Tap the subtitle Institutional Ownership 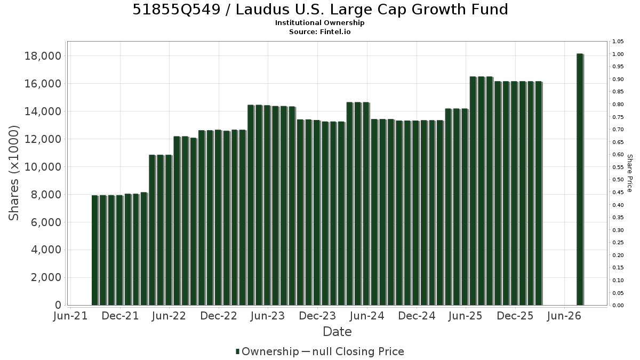tap(319, 23)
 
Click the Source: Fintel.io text tap(319, 31)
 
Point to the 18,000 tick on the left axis tap(43, 56)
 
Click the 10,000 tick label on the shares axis tap(43, 167)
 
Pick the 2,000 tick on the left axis tap(46, 277)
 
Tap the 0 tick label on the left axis tap(58, 305)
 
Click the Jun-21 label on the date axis tap(70, 316)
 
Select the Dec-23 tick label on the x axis tap(317, 316)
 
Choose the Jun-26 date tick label tap(564, 316)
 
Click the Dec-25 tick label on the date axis tap(515, 316)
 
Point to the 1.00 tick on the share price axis tap(618, 54)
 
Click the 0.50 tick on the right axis tap(618, 180)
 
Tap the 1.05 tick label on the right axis tap(618, 42)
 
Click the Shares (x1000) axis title tap(13, 173)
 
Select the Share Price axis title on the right tap(630, 173)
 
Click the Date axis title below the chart tap(337, 332)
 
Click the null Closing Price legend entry tap(353, 351)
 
